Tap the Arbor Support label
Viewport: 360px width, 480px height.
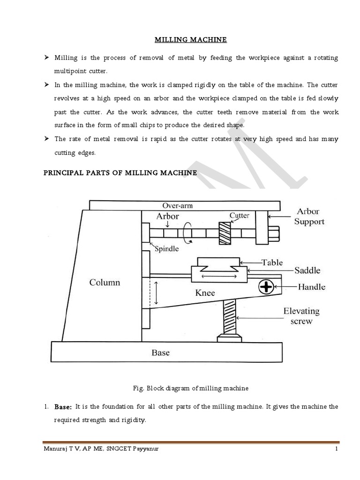pos(309,217)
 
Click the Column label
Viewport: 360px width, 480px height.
pos(105,283)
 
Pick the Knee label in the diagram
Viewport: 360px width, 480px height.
pos(205,293)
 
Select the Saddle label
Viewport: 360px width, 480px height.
pos(307,270)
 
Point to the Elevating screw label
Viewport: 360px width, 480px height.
pos(301,315)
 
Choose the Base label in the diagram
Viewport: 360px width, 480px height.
pos(160,352)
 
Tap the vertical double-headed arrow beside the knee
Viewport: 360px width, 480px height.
pos(157,293)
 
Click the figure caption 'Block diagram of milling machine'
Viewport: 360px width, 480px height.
pos(191,388)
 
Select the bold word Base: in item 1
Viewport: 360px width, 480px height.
pos(63,407)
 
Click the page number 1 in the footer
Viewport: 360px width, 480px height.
pos(337,449)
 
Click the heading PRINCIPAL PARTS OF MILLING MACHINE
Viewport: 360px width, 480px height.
pos(120,173)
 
